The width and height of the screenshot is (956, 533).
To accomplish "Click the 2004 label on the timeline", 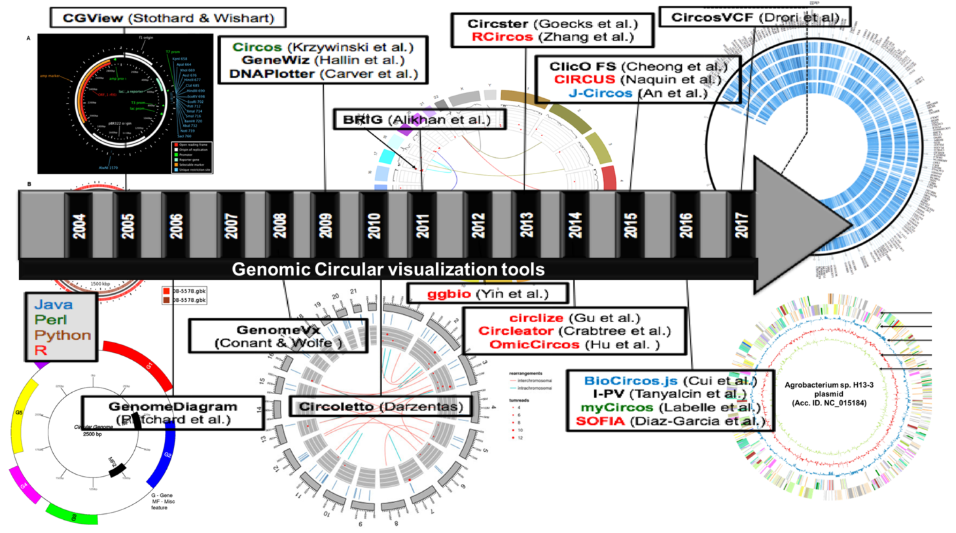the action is [79, 225].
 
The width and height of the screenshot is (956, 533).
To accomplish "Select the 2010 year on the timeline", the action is [374, 225].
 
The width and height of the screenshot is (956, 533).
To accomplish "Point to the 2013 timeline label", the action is [527, 225].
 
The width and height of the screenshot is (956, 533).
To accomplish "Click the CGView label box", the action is [168, 18].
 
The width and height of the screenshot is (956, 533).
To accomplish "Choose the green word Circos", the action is [257, 47].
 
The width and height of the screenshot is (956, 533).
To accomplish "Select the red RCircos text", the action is [502, 37].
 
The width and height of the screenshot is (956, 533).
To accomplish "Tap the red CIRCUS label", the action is [584, 79].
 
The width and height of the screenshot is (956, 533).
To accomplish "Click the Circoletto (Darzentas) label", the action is [381, 407].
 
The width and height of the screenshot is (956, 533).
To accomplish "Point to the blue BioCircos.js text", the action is [631, 381].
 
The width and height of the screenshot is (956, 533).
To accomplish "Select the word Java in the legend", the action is [54, 304].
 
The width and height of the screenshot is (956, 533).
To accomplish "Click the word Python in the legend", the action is [63, 335].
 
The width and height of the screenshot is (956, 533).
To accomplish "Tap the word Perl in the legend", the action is [51, 320].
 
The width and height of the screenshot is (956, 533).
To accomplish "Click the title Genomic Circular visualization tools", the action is [388, 269].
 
